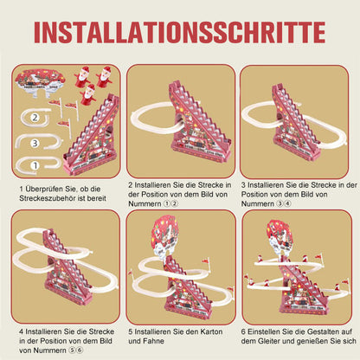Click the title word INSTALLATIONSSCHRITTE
point(180,32)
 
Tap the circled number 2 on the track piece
point(35,118)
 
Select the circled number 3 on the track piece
point(35,143)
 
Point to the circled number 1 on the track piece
point(35,165)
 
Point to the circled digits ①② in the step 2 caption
point(170,204)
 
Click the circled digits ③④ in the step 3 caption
point(284,204)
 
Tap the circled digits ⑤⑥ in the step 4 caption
point(76,350)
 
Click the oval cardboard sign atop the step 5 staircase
point(164,235)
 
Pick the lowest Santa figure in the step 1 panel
point(88,95)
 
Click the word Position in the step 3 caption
point(256,195)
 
